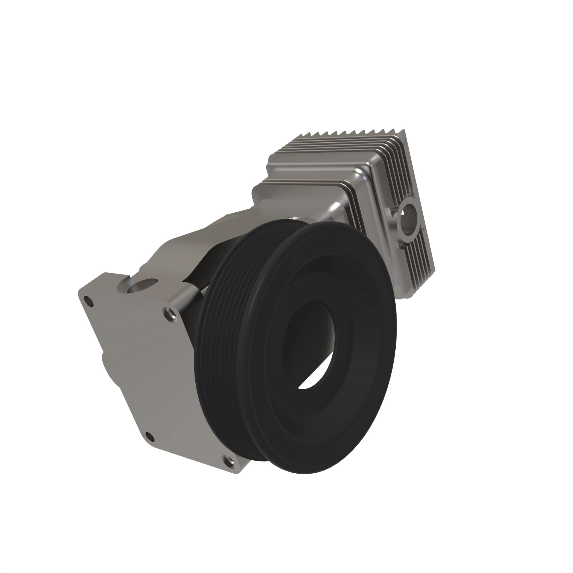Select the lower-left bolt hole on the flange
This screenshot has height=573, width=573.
(x=150, y=436)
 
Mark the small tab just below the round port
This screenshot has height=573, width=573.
(x=401, y=244)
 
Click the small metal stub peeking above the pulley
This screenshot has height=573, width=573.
(x=292, y=219)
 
